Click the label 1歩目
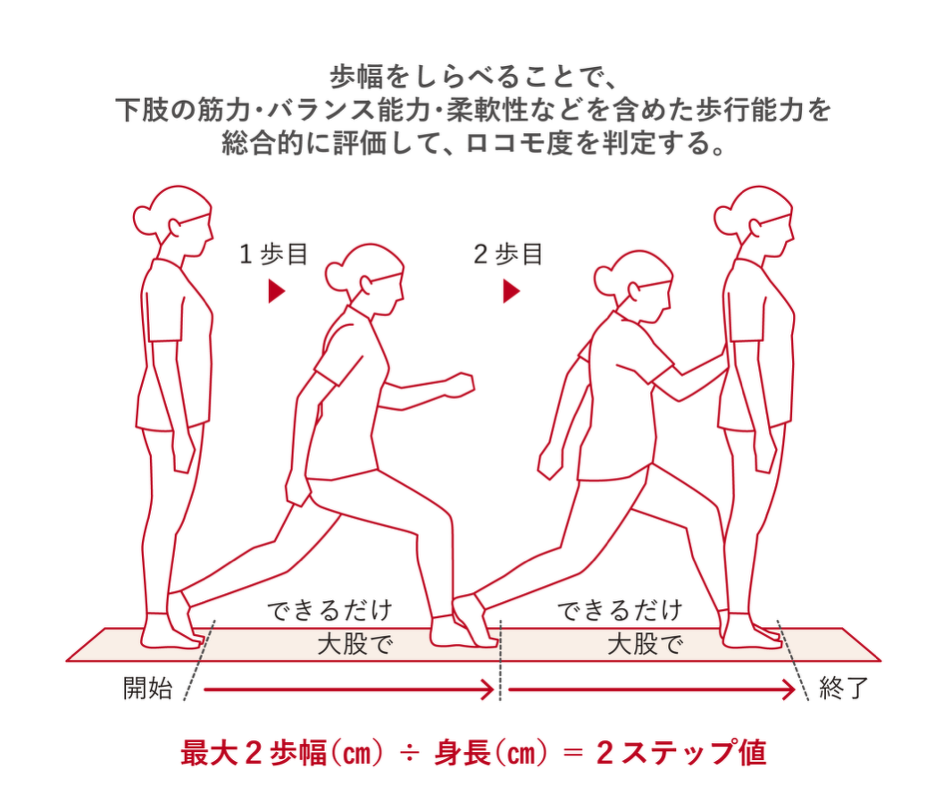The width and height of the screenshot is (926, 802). click(x=272, y=255)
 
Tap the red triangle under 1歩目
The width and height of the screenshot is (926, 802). click(x=276, y=291)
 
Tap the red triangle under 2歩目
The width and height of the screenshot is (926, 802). click(x=511, y=291)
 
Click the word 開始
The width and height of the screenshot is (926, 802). click(x=147, y=689)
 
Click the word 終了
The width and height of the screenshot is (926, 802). click(x=843, y=689)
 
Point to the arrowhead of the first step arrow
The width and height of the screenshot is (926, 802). click(x=488, y=689)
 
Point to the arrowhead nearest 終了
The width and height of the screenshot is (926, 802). click(x=788, y=689)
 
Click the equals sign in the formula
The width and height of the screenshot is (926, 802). click(x=569, y=753)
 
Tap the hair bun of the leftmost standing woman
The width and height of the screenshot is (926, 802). click(x=144, y=216)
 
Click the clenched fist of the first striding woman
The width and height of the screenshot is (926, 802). click(x=461, y=384)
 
